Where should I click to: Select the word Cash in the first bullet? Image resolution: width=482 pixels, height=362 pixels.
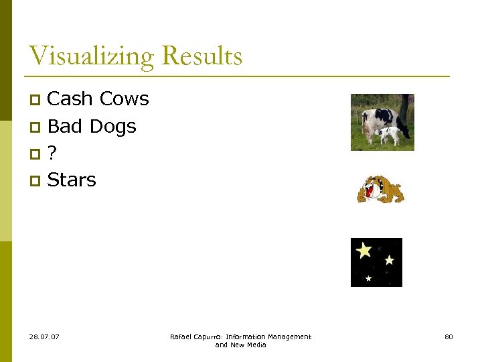(70, 99)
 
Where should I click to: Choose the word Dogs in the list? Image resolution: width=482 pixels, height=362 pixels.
(112, 126)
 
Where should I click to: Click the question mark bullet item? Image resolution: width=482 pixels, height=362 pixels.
(52, 153)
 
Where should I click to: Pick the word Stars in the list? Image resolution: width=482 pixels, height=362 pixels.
(72, 180)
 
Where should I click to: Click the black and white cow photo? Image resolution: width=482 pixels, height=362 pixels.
(382, 121)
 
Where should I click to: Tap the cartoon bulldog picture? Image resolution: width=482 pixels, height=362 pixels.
(380, 189)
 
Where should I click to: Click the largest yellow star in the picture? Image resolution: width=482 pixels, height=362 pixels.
(364, 250)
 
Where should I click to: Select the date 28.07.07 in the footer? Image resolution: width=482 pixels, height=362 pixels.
(44, 337)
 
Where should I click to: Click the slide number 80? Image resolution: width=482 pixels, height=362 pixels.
(449, 337)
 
